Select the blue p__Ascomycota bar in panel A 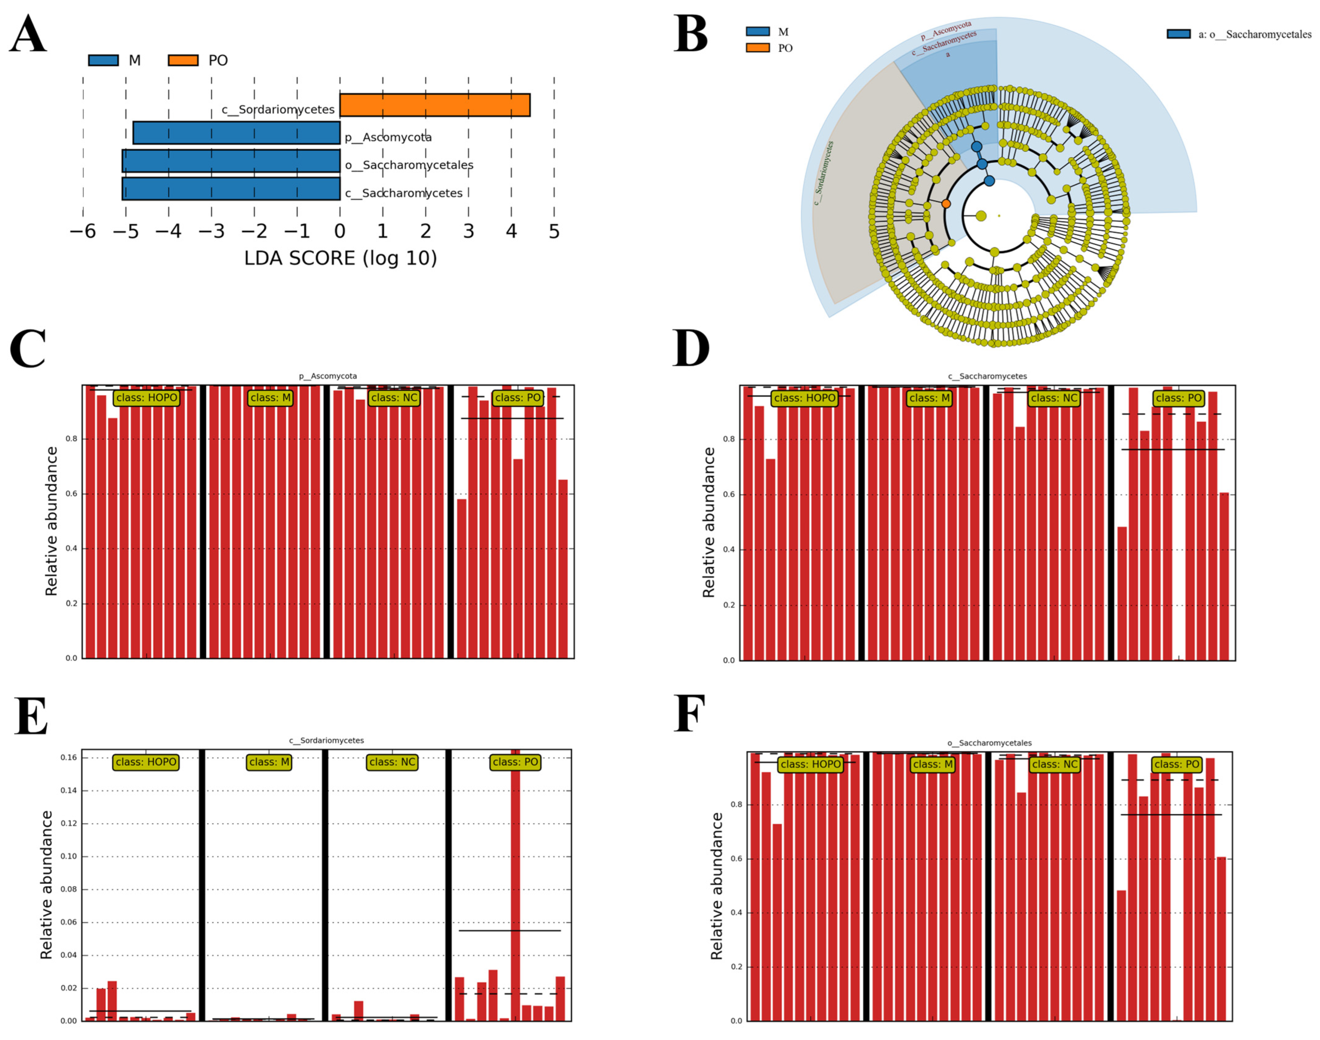click(x=236, y=133)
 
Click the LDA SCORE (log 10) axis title click(x=340, y=258)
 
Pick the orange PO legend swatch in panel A click(x=183, y=60)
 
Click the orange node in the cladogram click(x=945, y=203)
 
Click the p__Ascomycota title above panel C click(x=328, y=376)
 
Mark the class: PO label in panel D click(x=1178, y=398)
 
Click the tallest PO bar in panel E click(x=515, y=883)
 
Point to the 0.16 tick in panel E click(x=69, y=757)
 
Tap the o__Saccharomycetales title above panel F click(x=989, y=743)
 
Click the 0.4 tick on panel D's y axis click(x=729, y=550)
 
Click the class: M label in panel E click(x=269, y=762)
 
